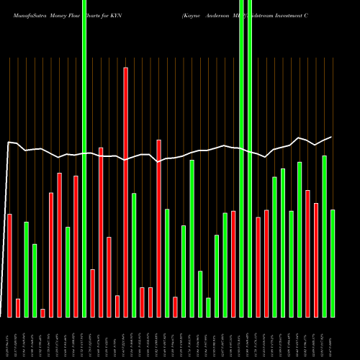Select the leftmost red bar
tap(9, 266)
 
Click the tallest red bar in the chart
tap(126, 192)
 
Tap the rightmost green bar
tap(333, 263)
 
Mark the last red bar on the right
tap(316, 260)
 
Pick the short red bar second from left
tap(18, 308)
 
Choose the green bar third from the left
tap(26, 269)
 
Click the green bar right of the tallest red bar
tap(134, 255)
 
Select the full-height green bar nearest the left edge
tap(84, 158)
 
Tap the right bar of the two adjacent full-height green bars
tap(250, 158)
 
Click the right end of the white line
tap(331, 137)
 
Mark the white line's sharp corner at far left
tap(9, 143)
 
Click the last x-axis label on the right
tap(331, 339)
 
